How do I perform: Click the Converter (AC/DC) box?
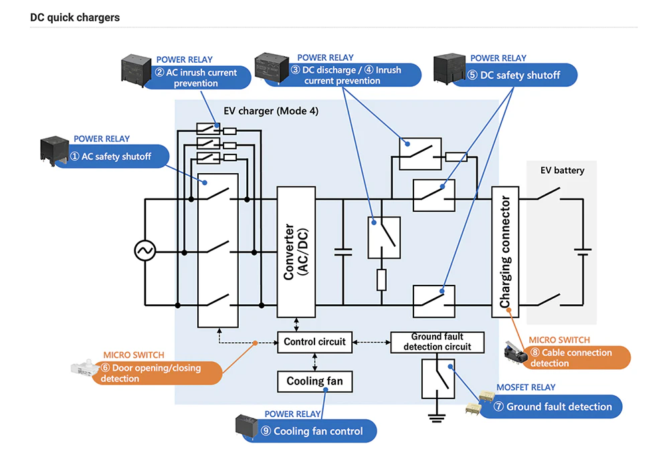(296, 251)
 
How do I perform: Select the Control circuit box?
(314, 342)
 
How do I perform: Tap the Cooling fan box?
(314, 381)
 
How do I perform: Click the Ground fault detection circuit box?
(437, 342)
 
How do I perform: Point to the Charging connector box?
(505, 251)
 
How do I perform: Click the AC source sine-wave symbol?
(145, 251)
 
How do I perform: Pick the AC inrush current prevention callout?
(201, 78)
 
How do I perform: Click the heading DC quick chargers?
(75, 17)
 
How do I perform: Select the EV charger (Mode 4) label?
(271, 110)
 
